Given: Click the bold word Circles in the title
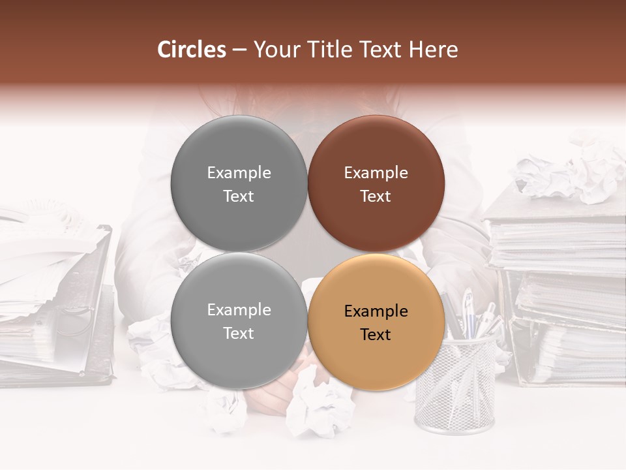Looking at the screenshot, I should point(191,50).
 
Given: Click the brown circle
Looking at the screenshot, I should point(376,183).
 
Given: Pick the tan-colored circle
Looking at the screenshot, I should point(376,321).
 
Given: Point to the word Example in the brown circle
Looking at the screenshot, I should point(376,173).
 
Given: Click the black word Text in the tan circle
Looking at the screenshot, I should point(376,335).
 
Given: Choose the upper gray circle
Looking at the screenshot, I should point(239,183).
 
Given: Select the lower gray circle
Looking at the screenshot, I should point(239,321).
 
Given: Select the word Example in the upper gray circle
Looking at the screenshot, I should point(239,173).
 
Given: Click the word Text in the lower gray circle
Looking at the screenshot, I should point(239,334).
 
